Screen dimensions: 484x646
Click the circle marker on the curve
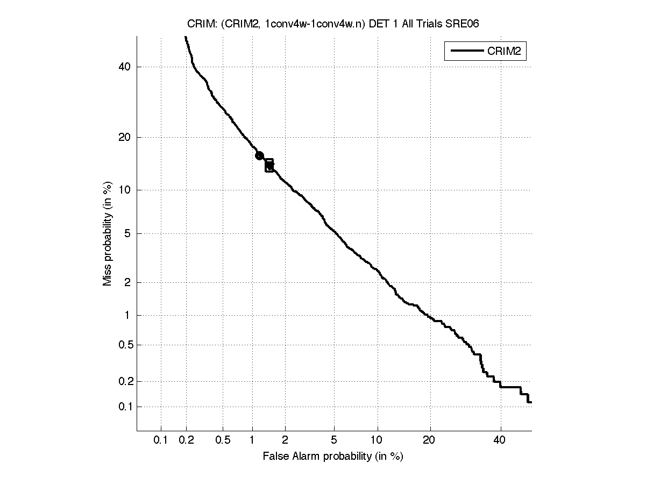[x=259, y=155]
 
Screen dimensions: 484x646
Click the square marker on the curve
[x=269, y=166]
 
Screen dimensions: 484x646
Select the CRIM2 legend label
[x=506, y=52]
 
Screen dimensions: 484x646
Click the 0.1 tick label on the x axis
[x=161, y=440]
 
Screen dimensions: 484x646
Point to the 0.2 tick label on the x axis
[x=187, y=440]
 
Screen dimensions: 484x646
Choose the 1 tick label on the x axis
[x=252, y=440]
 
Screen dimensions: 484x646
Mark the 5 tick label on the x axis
[x=334, y=440]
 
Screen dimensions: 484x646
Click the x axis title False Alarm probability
[x=332, y=457]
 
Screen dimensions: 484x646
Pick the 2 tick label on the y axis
[x=127, y=282]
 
